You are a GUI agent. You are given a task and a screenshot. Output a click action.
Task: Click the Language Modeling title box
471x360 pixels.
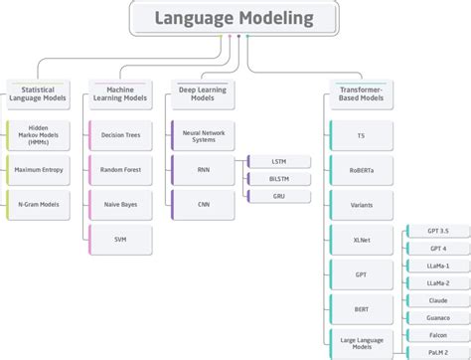[235, 18]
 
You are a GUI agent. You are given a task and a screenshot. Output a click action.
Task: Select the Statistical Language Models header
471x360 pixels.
[39, 94]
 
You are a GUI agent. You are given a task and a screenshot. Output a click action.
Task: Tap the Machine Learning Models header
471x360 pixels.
[120, 94]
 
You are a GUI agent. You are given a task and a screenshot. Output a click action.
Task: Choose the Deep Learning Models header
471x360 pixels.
[202, 94]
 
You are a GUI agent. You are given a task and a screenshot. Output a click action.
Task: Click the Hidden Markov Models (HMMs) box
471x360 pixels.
[39, 135]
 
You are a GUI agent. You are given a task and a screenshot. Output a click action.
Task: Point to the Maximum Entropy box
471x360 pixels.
[39, 170]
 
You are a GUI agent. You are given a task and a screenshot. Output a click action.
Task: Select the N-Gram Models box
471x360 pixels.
[39, 205]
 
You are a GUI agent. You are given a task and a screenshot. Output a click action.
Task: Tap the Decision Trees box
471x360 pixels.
[120, 135]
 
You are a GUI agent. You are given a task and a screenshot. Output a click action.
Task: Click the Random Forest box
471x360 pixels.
[120, 170]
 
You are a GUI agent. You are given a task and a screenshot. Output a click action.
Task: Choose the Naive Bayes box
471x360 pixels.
[120, 205]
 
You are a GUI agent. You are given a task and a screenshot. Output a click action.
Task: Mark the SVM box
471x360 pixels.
[120, 240]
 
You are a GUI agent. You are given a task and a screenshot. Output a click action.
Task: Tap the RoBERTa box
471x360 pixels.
[361, 170]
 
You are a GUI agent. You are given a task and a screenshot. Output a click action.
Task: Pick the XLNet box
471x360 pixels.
[361, 240]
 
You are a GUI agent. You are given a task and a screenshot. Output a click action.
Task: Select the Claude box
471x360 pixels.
[438, 300]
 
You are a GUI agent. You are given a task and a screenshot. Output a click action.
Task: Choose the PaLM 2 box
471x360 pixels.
[438, 352]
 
